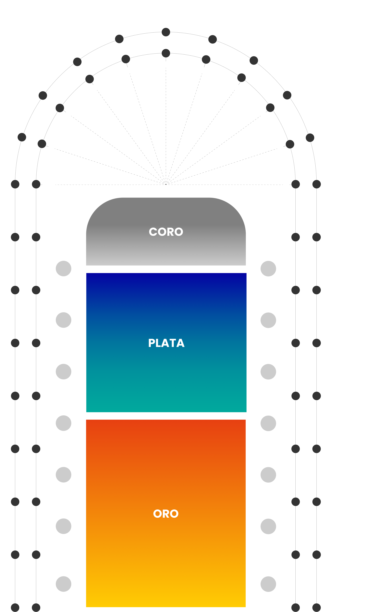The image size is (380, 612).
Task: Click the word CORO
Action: (166, 232)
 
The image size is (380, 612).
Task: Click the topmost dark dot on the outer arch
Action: (166, 32)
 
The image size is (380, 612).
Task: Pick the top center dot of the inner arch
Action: (166, 53)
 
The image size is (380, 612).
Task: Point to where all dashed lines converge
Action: (166, 184)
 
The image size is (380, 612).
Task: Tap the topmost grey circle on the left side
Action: (64, 269)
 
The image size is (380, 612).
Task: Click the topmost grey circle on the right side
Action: (268, 269)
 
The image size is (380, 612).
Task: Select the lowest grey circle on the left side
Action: (64, 584)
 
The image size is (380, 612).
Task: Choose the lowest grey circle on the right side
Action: (268, 584)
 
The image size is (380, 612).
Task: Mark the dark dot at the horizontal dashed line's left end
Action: (36, 184)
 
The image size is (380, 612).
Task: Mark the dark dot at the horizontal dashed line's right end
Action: (296, 184)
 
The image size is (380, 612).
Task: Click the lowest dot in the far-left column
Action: (15, 607)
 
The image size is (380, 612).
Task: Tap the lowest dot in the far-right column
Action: (317, 607)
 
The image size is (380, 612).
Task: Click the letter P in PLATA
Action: (152, 343)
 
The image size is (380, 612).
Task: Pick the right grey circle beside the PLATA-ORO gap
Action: (268, 423)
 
